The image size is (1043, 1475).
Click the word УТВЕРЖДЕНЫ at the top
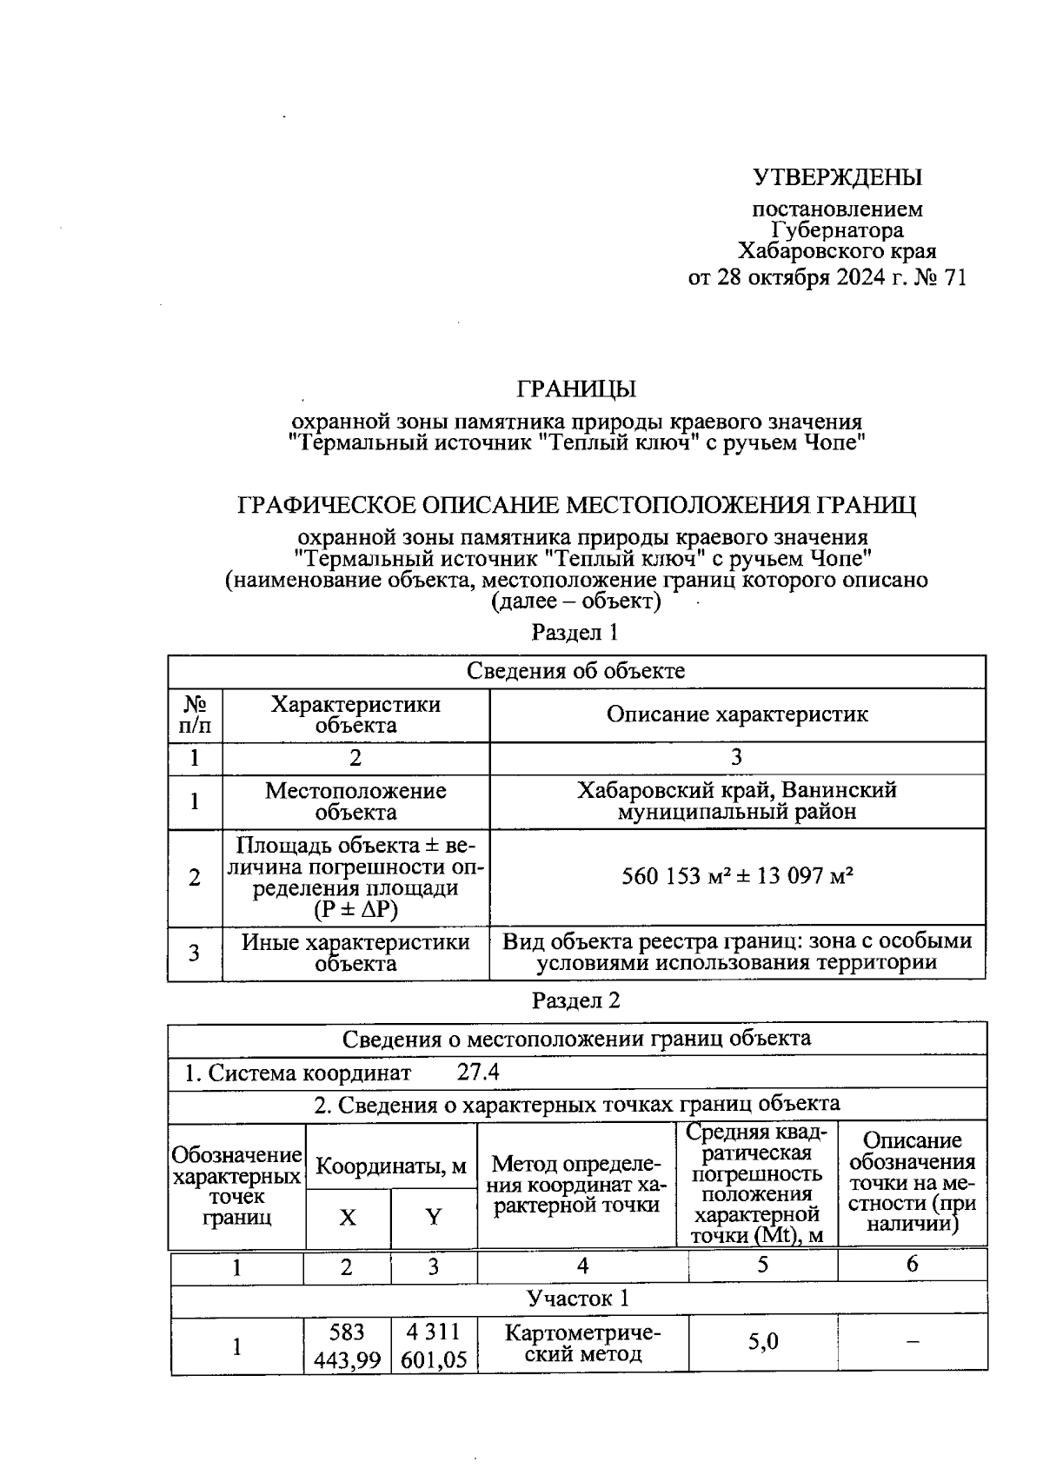[x=836, y=178]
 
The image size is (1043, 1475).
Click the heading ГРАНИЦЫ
[x=576, y=389]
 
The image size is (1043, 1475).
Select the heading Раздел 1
[x=575, y=633]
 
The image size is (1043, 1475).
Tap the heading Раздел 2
[x=576, y=1000]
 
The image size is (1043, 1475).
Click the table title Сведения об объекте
[x=576, y=671]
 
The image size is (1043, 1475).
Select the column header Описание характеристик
[x=737, y=714]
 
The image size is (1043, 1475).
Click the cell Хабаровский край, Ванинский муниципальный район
[x=737, y=801]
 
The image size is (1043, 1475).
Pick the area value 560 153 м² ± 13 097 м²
[x=737, y=876]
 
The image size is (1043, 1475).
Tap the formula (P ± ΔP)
[x=355, y=910]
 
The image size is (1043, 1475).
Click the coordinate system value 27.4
[x=478, y=1072]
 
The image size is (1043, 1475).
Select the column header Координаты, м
[x=391, y=1166]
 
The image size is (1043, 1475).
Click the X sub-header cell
[x=348, y=1218]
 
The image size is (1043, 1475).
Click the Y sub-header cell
[x=433, y=1218]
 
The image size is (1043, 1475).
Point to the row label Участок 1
[x=578, y=1299]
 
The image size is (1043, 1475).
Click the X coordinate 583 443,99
[x=347, y=1345]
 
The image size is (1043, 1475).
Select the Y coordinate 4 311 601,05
[x=434, y=1345]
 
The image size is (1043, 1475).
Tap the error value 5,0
[x=763, y=1342]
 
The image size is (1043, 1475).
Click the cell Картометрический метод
[x=582, y=1344]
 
